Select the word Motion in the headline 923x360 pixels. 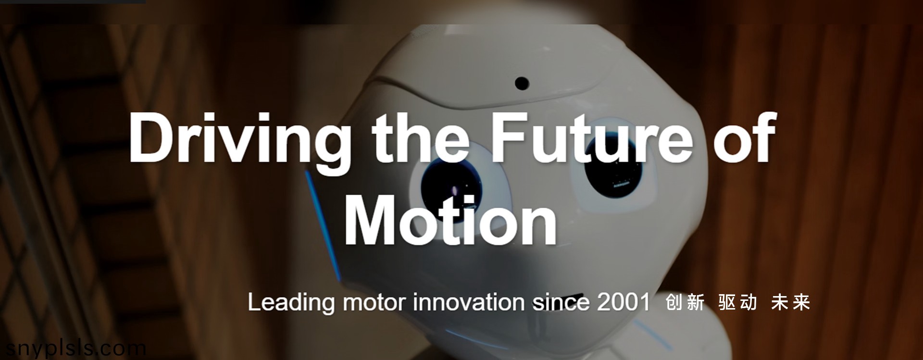pyautogui.click(x=450, y=220)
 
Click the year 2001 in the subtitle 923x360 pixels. pyautogui.click(x=623, y=302)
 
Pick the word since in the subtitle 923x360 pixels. pyautogui.click(x=561, y=302)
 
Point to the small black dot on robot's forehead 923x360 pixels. pyautogui.click(x=521, y=83)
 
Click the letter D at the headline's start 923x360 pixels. pyautogui.click(x=150, y=137)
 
